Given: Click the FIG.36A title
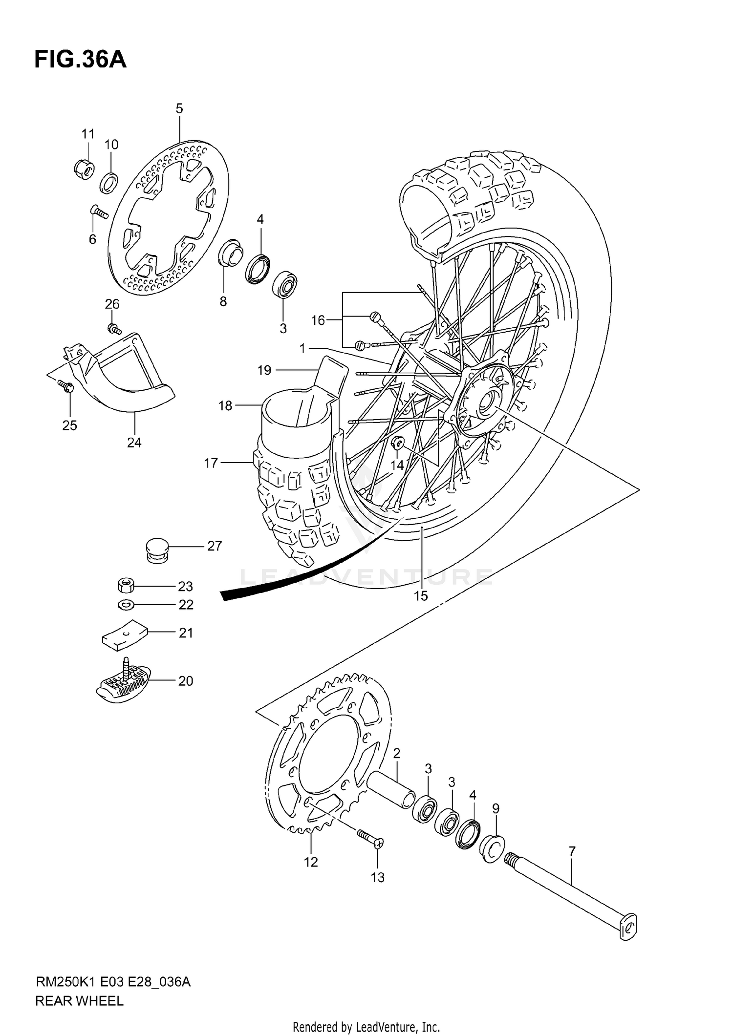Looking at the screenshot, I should pos(80,60).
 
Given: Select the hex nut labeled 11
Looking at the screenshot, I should pos(84,168).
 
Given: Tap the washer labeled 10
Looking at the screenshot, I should pos(109,182).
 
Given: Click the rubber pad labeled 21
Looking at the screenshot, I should pos(124,635).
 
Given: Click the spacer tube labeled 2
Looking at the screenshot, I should pos(391,786).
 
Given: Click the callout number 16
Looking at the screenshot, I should pos(318,320).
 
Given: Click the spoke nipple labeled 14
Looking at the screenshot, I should pos(397,443).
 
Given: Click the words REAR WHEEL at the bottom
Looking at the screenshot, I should pos(79,1001).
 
